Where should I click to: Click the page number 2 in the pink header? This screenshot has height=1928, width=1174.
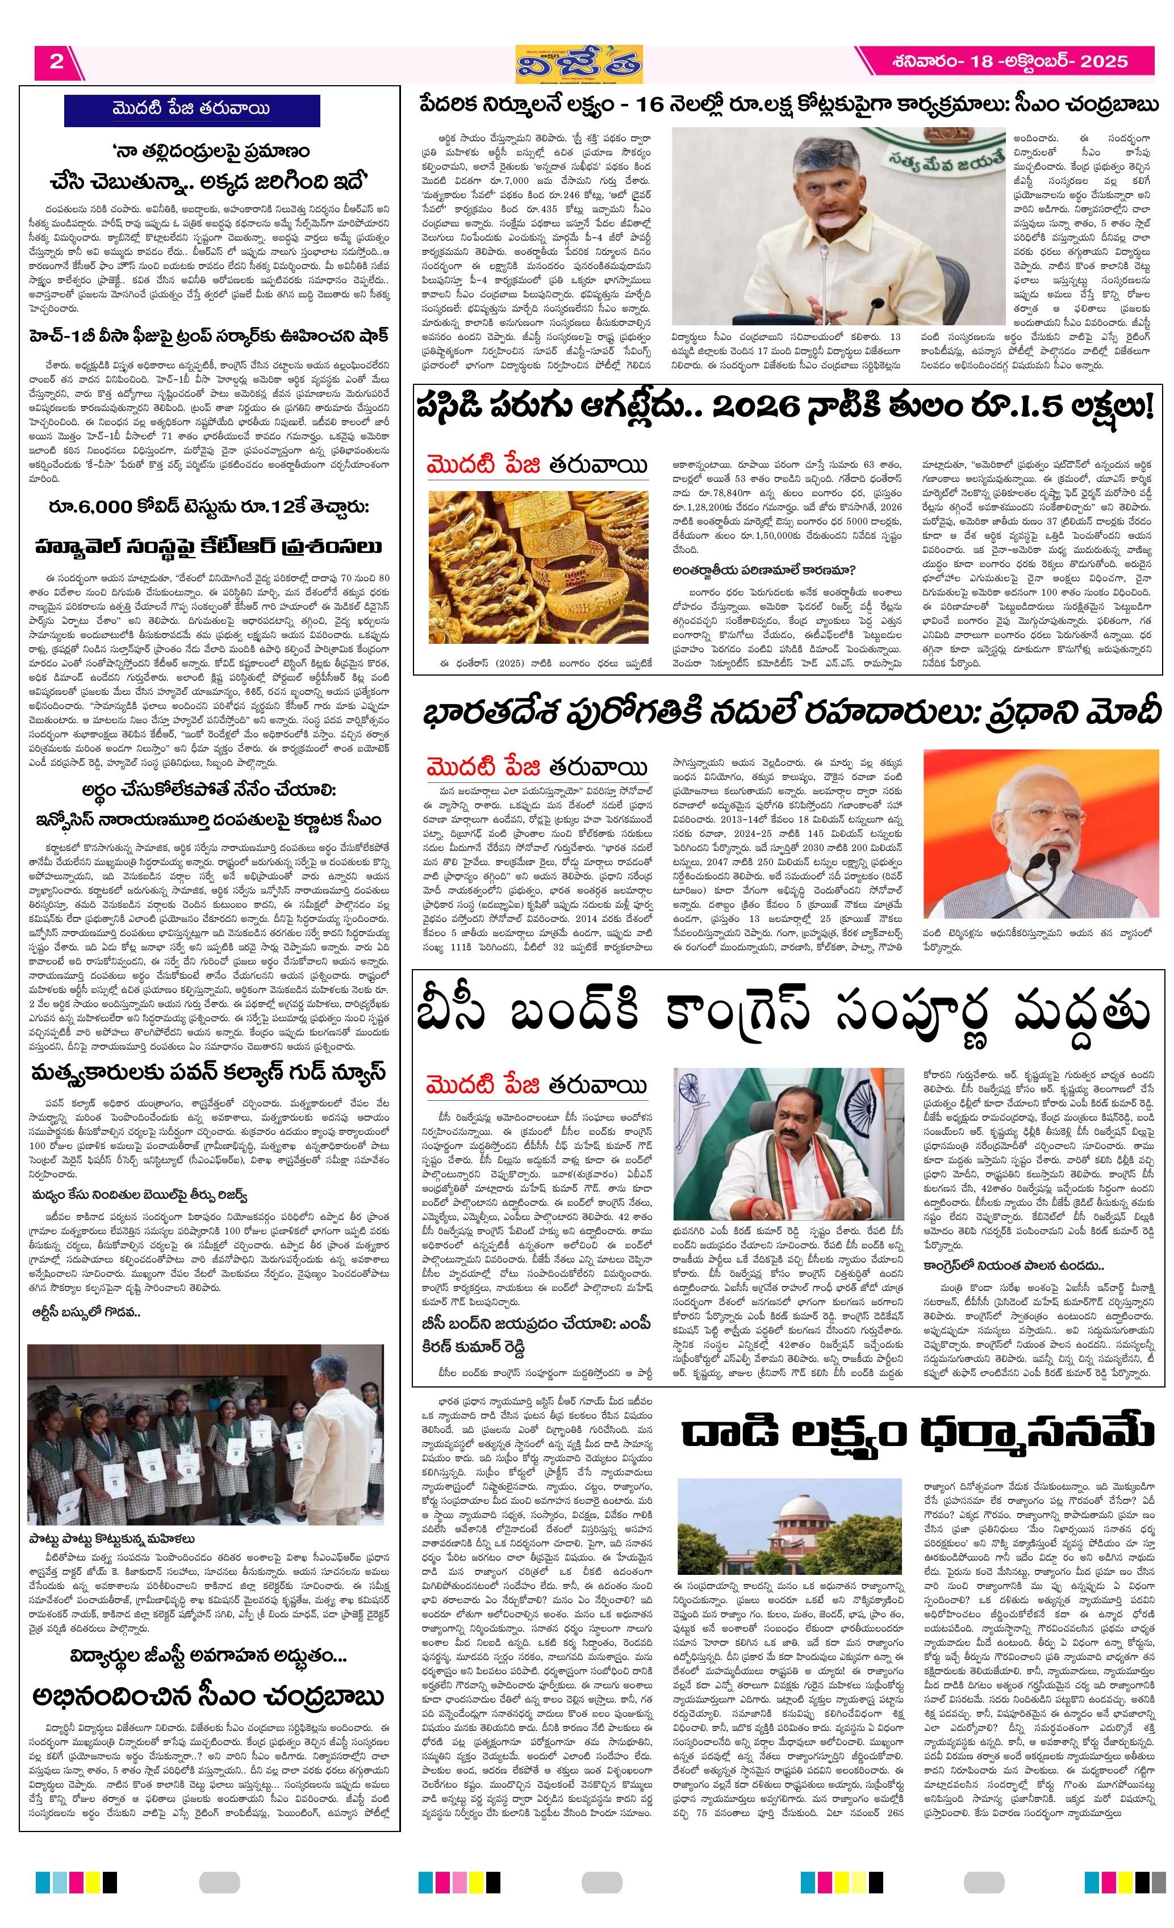(56, 61)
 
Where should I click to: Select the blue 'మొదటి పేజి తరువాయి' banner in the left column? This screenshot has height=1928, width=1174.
(192, 110)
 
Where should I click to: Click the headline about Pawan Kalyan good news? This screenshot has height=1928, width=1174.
(209, 1071)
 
